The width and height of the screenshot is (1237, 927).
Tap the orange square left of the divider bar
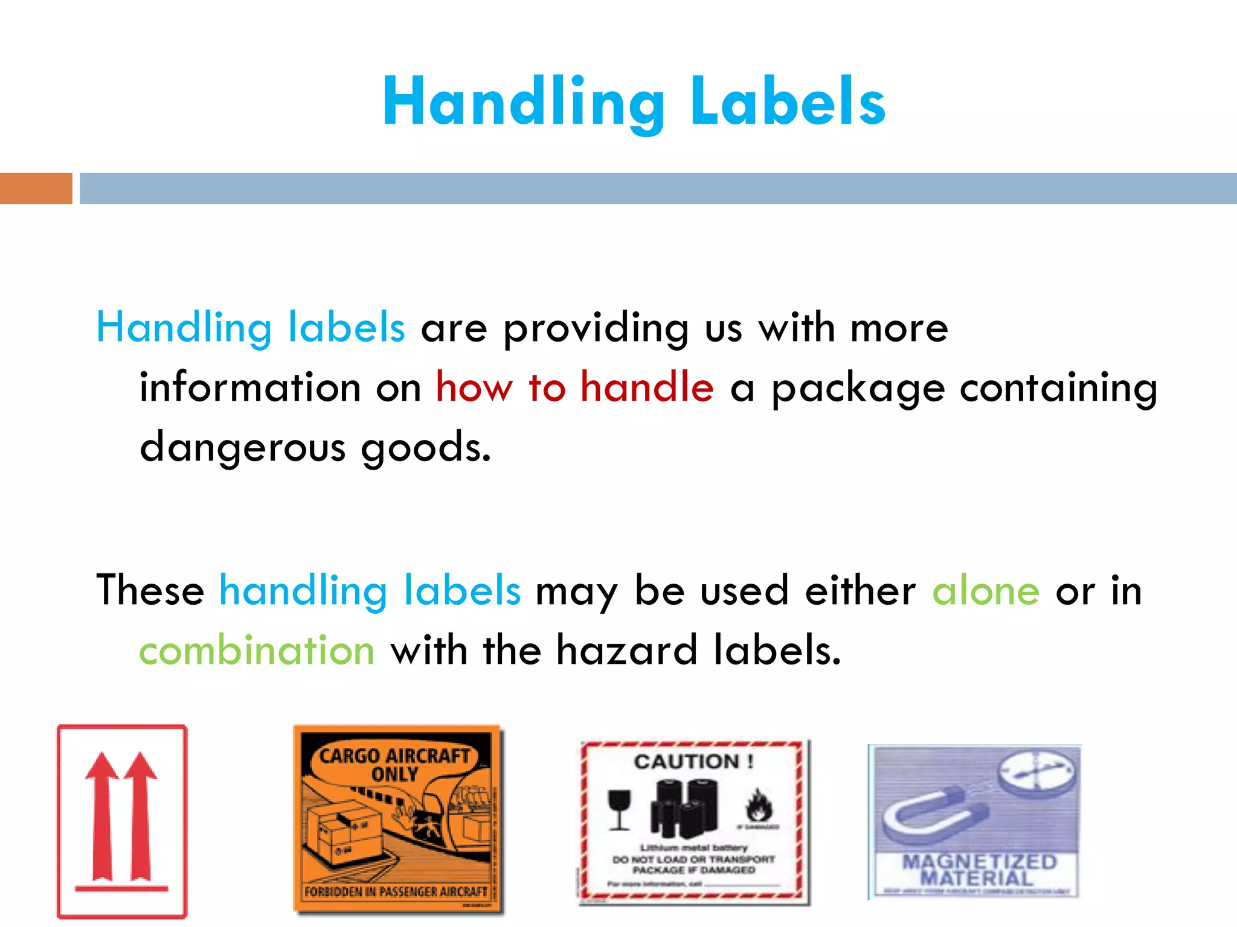pyautogui.click(x=36, y=188)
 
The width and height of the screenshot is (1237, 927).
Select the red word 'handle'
pyautogui.click(x=647, y=387)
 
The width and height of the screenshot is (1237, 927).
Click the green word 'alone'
pyautogui.click(x=986, y=590)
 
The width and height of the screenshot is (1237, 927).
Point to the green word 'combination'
pyautogui.click(x=257, y=651)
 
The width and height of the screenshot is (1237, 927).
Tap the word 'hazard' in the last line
pyautogui.click(x=626, y=651)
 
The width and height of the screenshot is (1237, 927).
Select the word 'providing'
pyautogui.click(x=596, y=328)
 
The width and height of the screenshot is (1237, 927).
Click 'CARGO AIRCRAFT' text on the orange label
pyautogui.click(x=394, y=756)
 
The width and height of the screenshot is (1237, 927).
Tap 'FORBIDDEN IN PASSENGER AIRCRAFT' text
pyautogui.click(x=396, y=891)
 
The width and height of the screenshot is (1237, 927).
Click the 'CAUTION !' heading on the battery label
pyautogui.click(x=693, y=762)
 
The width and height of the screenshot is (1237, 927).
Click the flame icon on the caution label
pyautogui.click(x=759, y=806)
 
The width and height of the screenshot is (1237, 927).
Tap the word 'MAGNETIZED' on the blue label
pyautogui.click(x=978, y=862)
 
